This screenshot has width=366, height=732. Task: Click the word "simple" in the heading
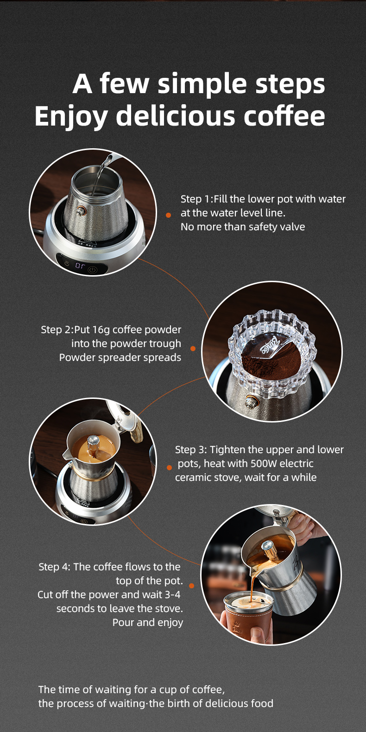[x=202, y=84]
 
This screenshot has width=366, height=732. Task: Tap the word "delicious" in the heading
[x=176, y=115]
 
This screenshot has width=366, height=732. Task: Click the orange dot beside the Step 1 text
[x=169, y=215]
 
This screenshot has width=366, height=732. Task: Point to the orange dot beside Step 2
[x=193, y=349]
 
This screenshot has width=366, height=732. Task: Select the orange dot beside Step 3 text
[x=169, y=467]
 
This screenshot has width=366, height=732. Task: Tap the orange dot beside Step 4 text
[x=191, y=586]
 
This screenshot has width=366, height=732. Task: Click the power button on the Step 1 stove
[x=93, y=270]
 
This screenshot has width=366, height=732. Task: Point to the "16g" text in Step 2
[x=100, y=330]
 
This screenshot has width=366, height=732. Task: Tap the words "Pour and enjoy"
[x=148, y=623]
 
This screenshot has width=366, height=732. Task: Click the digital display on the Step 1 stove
[x=80, y=265]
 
